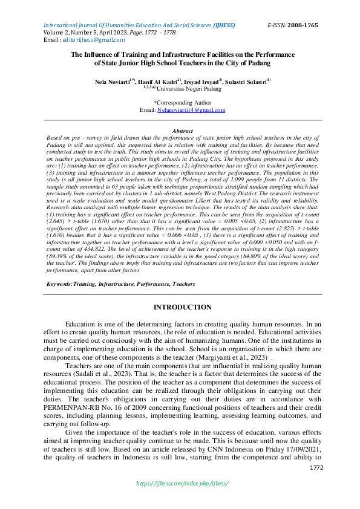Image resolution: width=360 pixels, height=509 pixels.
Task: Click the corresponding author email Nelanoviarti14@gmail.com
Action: pyautogui.click(x=191, y=110)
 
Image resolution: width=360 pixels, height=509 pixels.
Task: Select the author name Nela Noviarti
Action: pyautogui.click(x=111, y=80)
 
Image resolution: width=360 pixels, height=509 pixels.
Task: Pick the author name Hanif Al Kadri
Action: pyautogui.click(x=157, y=80)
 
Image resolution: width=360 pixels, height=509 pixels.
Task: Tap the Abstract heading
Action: pyautogui.click(x=182, y=131)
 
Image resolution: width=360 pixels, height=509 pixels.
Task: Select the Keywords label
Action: pyautogui.click(x=59, y=283)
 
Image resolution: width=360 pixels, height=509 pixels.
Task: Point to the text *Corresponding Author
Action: pyautogui.click(x=182, y=103)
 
